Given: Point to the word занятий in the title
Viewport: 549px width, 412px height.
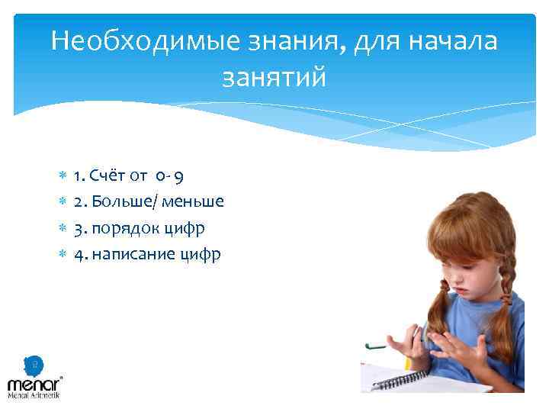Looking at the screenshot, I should click(x=274, y=78).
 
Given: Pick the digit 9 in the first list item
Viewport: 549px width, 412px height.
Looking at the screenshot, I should click(x=178, y=177).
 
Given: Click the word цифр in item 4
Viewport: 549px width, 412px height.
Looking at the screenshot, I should click(x=201, y=254).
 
